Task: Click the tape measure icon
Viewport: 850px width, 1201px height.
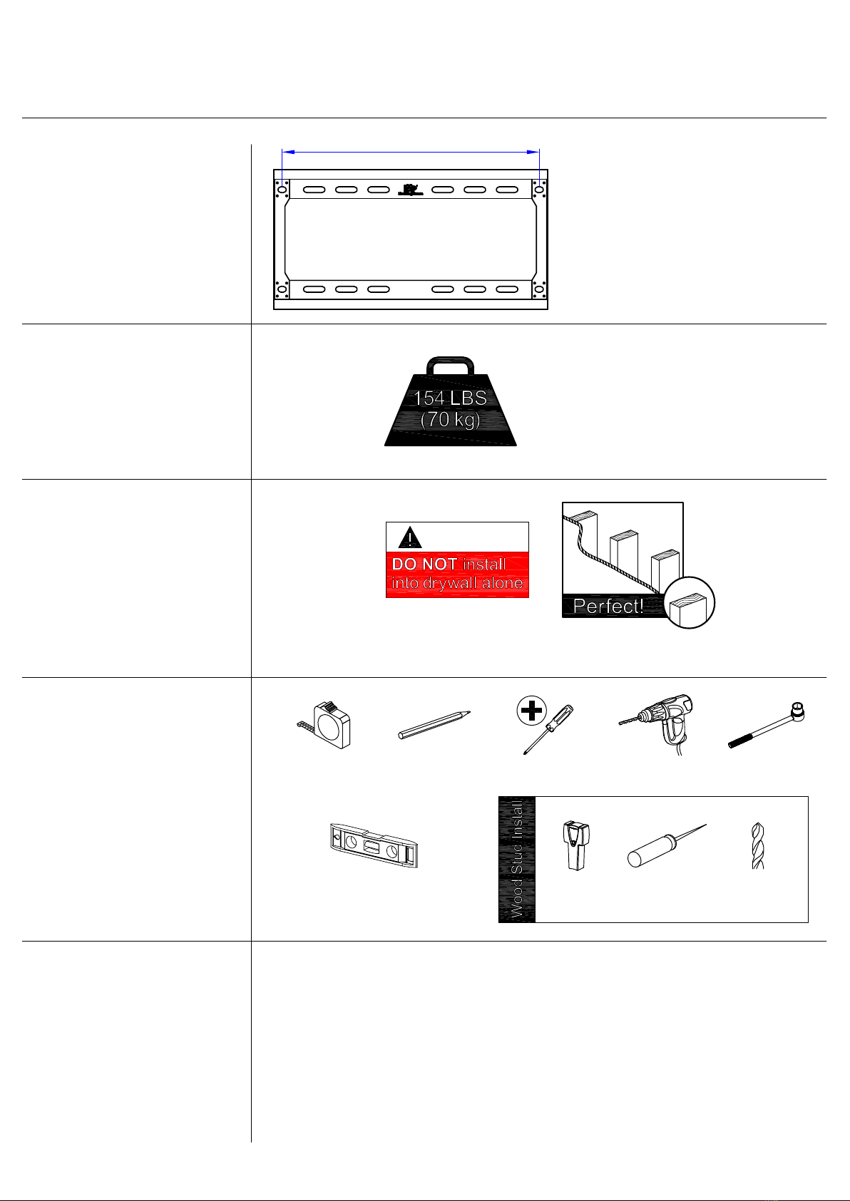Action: click(x=325, y=725)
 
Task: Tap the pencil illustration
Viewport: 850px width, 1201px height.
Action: click(x=434, y=725)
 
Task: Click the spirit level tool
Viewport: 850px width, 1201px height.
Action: click(x=374, y=845)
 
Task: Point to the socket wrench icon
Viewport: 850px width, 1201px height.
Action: click(x=767, y=724)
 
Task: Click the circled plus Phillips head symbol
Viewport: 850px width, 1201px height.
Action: click(x=531, y=711)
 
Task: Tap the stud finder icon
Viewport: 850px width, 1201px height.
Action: click(x=576, y=845)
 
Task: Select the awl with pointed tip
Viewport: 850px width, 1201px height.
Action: click(x=667, y=845)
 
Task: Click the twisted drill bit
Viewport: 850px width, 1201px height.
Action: click(x=758, y=845)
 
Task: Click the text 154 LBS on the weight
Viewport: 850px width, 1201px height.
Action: click(x=450, y=398)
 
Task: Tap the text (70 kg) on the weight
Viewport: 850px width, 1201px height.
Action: click(x=451, y=419)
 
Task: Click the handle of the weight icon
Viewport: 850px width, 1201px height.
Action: click(x=451, y=366)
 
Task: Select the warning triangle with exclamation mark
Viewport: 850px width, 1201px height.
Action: click(x=410, y=537)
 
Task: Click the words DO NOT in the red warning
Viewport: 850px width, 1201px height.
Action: click(x=424, y=564)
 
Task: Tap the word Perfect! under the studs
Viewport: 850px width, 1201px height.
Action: click(x=608, y=606)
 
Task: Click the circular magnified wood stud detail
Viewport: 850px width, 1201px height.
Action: click(x=689, y=602)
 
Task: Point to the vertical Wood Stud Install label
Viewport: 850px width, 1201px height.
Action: click(x=517, y=859)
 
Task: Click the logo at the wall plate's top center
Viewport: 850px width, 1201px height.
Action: click(x=410, y=190)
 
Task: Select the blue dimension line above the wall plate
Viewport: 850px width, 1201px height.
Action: click(x=411, y=153)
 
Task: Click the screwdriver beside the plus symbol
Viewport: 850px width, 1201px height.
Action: click(x=548, y=730)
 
